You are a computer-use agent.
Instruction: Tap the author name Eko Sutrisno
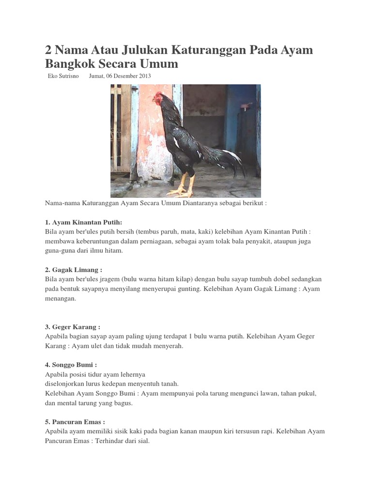click(x=63, y=76)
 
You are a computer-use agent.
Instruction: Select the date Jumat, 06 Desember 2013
click(x=120, y=76)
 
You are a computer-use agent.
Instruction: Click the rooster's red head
click(x=158, y=98)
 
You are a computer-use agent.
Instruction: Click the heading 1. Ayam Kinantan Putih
click(x=83, y=222)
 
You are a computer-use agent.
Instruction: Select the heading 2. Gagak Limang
click(x=73, y=270)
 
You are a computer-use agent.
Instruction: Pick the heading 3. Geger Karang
click(x=72, y=327)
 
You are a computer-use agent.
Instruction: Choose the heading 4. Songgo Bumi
click(x=71, y=365)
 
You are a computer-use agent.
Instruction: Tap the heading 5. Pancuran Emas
click(x=75, y=422)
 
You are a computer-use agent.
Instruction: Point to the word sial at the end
click(x=143, y=441)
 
